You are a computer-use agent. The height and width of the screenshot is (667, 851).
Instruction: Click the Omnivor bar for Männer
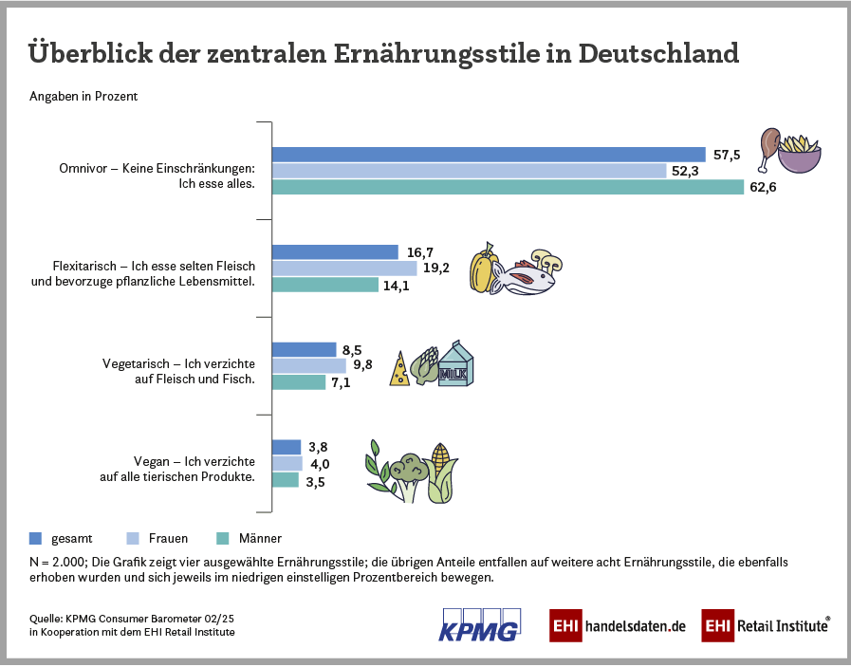point(508,187)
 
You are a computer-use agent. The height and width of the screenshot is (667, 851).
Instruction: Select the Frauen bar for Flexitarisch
point(344,268)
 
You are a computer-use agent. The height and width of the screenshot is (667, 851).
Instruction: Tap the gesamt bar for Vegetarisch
point(305,349)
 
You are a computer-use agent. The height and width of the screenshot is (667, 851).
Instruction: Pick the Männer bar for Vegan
point(286,480)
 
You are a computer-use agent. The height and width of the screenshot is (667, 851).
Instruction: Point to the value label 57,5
point(726,155)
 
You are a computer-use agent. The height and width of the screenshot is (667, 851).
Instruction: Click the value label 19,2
point(436,268)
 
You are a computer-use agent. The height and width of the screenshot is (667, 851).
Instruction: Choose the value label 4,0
point(320,464)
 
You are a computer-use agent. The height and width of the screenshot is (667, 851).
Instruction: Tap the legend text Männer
point(260,538)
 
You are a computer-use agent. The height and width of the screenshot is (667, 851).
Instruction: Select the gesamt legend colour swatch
point(36,538)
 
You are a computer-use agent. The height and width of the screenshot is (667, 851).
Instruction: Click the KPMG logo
point(480,623)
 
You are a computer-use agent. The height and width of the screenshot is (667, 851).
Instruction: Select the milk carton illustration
point(454,364)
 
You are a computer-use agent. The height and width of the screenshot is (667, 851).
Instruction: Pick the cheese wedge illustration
point(400,370)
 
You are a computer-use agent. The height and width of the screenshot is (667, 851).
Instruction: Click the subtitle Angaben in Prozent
point(84,97)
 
